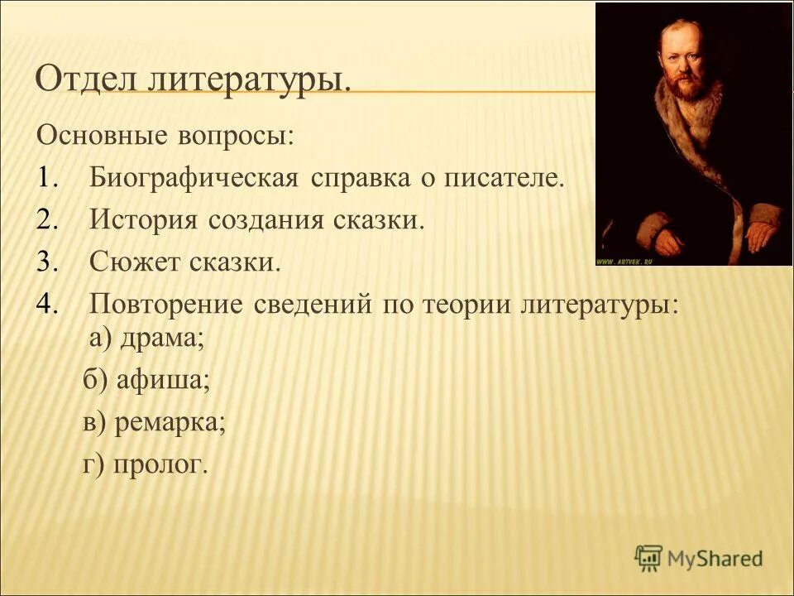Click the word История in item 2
(145, 221)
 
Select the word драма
(160, 339)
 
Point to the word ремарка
(170, 423)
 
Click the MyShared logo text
(715, 559)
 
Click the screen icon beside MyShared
(650, 558)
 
